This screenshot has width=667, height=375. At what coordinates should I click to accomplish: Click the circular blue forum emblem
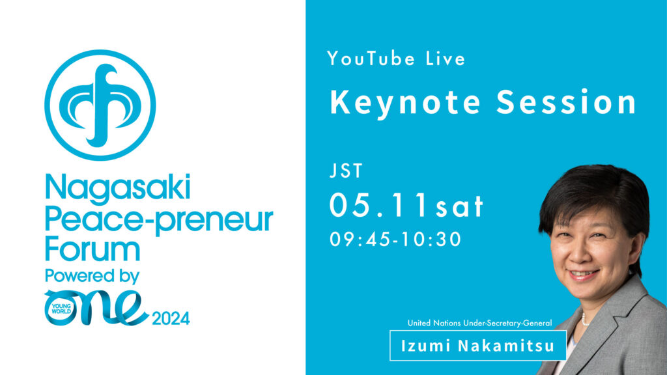coord(100,105)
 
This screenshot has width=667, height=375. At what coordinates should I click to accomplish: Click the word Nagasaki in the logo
coord(117,187)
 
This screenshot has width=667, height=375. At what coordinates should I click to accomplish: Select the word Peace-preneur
coord(159,220)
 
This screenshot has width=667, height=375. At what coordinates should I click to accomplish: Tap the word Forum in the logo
coord(92,249)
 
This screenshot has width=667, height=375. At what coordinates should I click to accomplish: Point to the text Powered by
coord(92,276)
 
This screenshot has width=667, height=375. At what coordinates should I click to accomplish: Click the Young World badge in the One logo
coord(61,309)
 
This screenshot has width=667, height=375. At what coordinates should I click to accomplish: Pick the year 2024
coord(171,318)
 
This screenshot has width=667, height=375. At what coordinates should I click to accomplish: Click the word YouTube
coord(371,59)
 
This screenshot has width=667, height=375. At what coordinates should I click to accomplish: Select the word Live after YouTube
coord(446,59)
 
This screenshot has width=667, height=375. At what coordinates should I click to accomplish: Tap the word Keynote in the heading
coord(405,103)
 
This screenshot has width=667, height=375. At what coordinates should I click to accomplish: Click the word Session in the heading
coord(566,102)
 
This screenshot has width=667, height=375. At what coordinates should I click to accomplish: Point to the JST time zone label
coord(346,171)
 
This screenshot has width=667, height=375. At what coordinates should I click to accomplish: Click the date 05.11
coord(378,205)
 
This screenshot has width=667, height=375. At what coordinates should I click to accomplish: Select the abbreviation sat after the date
coord(459,207)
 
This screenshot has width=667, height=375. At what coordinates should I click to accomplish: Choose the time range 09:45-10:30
coord(395,240)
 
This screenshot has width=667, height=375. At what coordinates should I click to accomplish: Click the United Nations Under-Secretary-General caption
coord(480,323)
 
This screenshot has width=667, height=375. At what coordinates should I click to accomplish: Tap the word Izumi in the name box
coord(426,346)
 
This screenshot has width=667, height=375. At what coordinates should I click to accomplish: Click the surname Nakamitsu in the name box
coord(506,346)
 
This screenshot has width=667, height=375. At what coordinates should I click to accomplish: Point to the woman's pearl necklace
coord(585,319)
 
